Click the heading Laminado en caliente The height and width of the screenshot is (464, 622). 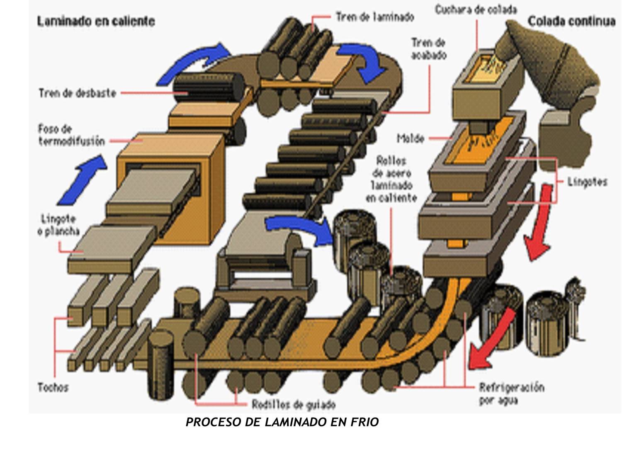coord(96,22)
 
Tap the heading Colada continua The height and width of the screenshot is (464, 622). coord(571,22)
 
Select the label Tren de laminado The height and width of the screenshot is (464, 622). coord(375,17)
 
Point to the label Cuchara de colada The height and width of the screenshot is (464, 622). coord(476,10)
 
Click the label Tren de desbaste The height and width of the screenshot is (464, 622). coord(77,93)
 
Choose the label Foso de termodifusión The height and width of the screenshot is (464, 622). coord(71,135)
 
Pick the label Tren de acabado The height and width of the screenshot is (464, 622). coord(428,49)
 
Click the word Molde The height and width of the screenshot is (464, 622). coord(411,138)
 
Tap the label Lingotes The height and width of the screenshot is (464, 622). coord(587,182)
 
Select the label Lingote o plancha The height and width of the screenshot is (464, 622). coord(58,225)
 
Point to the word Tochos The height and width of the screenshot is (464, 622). coord(53,388)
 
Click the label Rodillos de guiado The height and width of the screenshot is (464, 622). coord(294,404)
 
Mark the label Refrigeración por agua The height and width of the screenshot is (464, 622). coord(511,394)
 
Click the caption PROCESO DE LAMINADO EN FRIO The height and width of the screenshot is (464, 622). coord(282,422)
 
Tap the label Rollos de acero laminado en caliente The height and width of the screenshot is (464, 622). coord(391,179)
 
